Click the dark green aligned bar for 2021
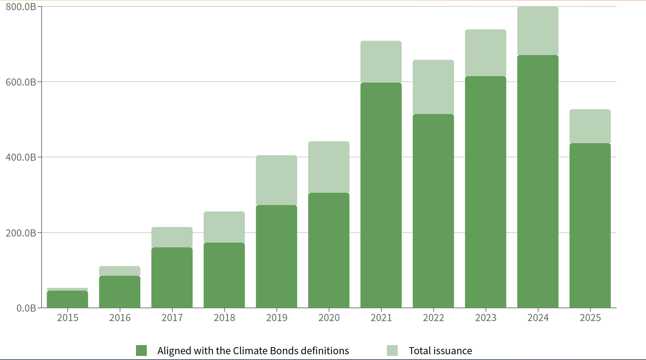(381, 195)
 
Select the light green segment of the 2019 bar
(276, 180)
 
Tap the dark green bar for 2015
(67, 299)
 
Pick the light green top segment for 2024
(538, 31)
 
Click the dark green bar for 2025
(590, 225)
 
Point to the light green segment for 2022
(433, 87)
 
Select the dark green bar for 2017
(172, 277)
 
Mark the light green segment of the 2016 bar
(120, 271)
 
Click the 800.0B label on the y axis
(21, 7)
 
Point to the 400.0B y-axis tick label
(21, 157)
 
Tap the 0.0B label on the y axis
(26, 308)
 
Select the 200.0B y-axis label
(21, 233)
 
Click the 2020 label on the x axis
(329, 318)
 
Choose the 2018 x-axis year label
(224, 318)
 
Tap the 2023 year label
(486, 318)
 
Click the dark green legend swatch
(141, 351)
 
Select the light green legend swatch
(392, 351)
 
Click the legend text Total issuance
(440, 351)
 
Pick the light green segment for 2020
(329, 167)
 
